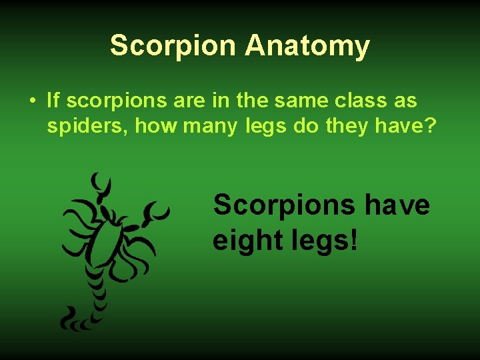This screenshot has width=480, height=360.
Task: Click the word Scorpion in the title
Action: click(x=173, y=46)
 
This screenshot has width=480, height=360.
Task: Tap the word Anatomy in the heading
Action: click(x=307, y=46)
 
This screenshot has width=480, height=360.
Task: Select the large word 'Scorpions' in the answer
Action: click(x=283, y=205)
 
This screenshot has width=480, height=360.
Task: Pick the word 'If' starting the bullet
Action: click(x=53, y=101)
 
